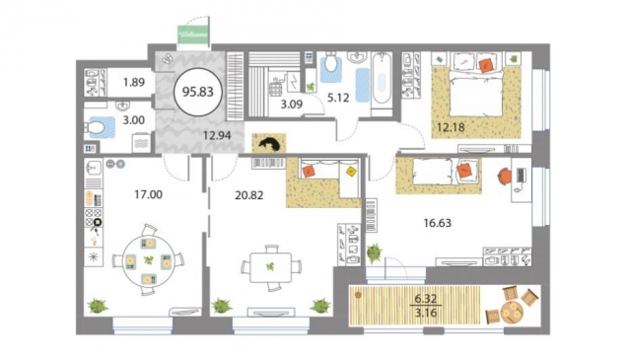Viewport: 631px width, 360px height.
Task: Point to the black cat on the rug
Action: pos(268,144)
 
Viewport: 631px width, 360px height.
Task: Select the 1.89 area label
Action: pos(134,83)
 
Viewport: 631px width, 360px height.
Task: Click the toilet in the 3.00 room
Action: pos(99,127)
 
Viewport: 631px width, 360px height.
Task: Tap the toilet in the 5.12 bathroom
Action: pos(331,66)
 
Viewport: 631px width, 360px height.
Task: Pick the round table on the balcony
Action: pos(513,312)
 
